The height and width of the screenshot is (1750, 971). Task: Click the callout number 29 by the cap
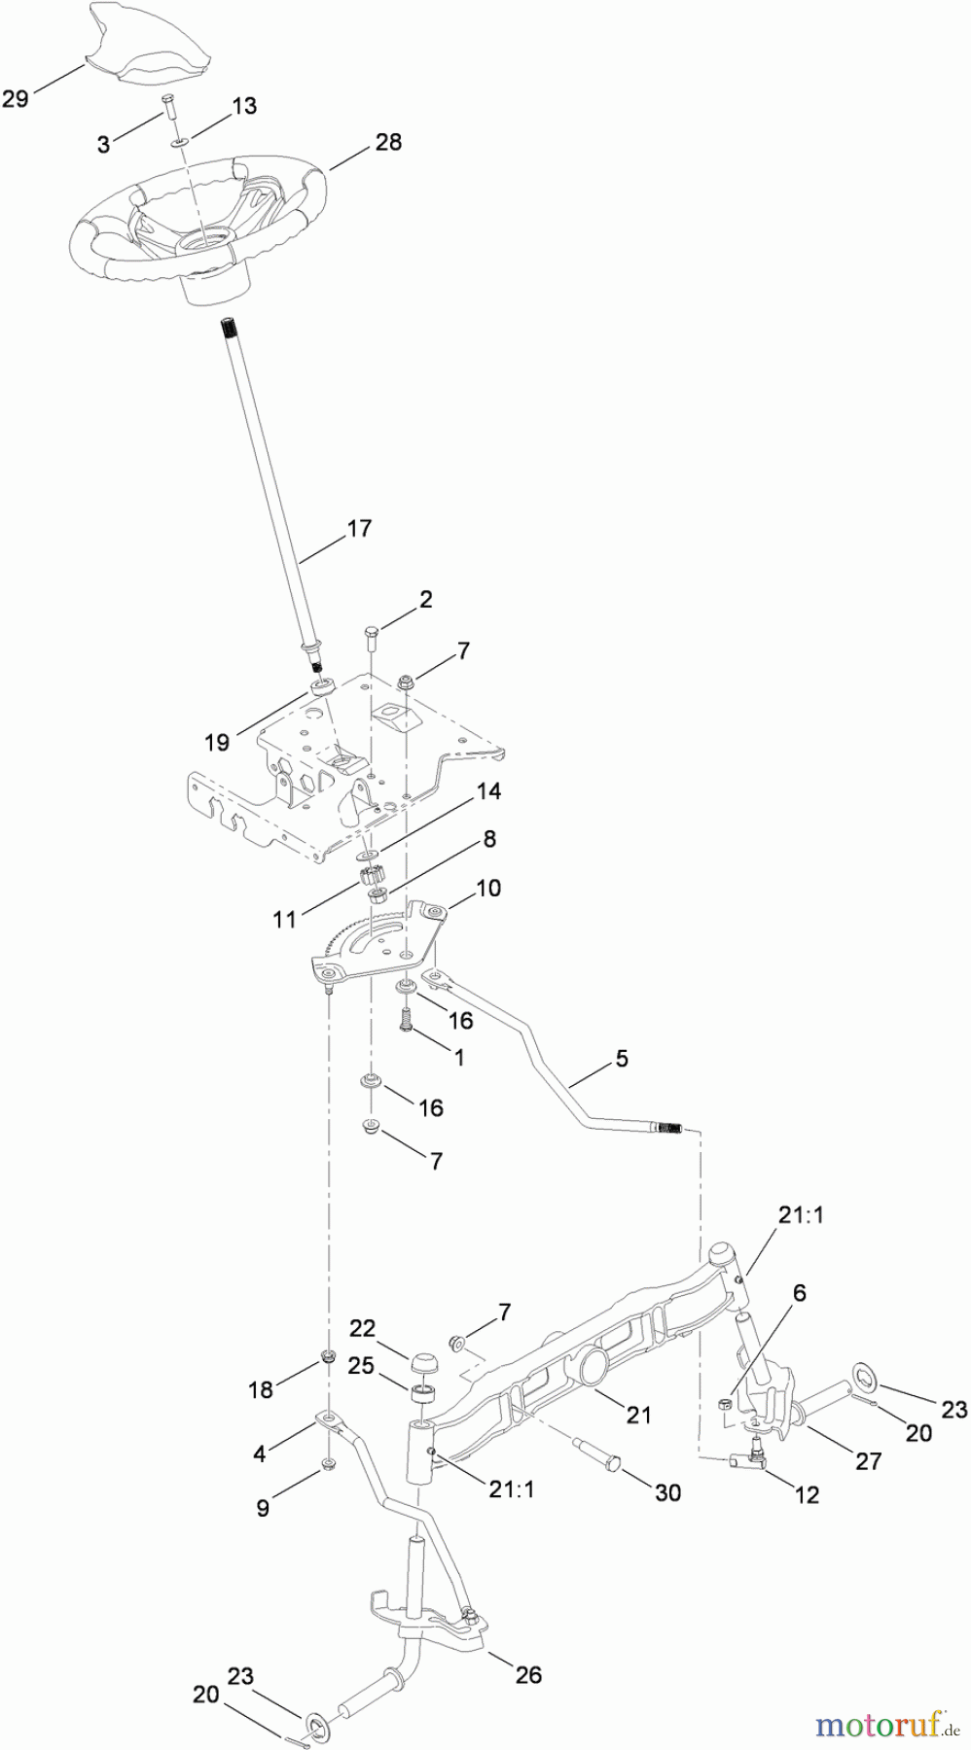(16, 98)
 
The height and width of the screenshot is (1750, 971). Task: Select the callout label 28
(388, 143)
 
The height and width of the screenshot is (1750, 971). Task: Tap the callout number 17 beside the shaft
(359, 529)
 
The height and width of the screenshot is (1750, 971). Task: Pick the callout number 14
(488, 792)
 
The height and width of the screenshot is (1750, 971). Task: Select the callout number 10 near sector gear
(488, 889)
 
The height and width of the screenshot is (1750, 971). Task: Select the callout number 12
(808, 1495)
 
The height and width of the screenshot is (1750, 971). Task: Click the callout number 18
(261, 1391)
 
